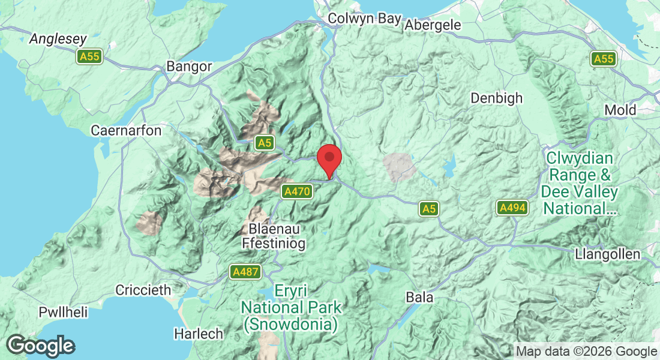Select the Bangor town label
coord(190,66)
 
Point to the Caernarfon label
coord(126,130)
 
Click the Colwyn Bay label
coord(364,19)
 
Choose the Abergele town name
coord(433,25)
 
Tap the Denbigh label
coord(496,98)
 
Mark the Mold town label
coord(620,110)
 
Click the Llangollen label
coord(607,254)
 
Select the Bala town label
coord(419,298)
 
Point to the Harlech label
coord(199,334)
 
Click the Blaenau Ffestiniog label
coord(273,236)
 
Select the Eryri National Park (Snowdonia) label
coord(291,308)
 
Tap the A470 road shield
coord(298,191)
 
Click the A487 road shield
coord(245,272)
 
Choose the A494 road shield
coord(512,208)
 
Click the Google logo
coord(41,346)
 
